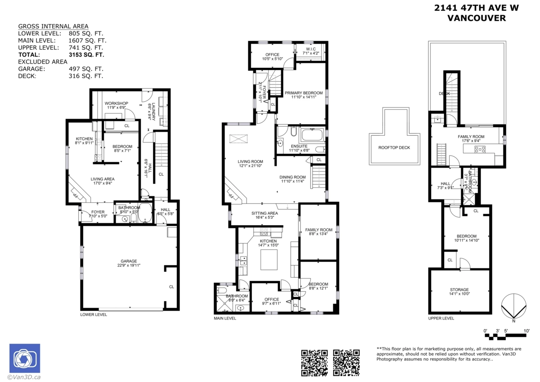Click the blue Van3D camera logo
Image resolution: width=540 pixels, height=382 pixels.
tap(25, 358)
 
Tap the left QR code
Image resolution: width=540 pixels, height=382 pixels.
tap(314, 362)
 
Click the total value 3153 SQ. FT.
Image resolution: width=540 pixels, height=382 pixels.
tap(86, 55)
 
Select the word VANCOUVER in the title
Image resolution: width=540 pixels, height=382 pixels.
tap(476, 18)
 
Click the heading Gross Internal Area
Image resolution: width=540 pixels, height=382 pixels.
tap(53, 26)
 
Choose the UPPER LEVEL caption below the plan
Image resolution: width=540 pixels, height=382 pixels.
tap(441, 318)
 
